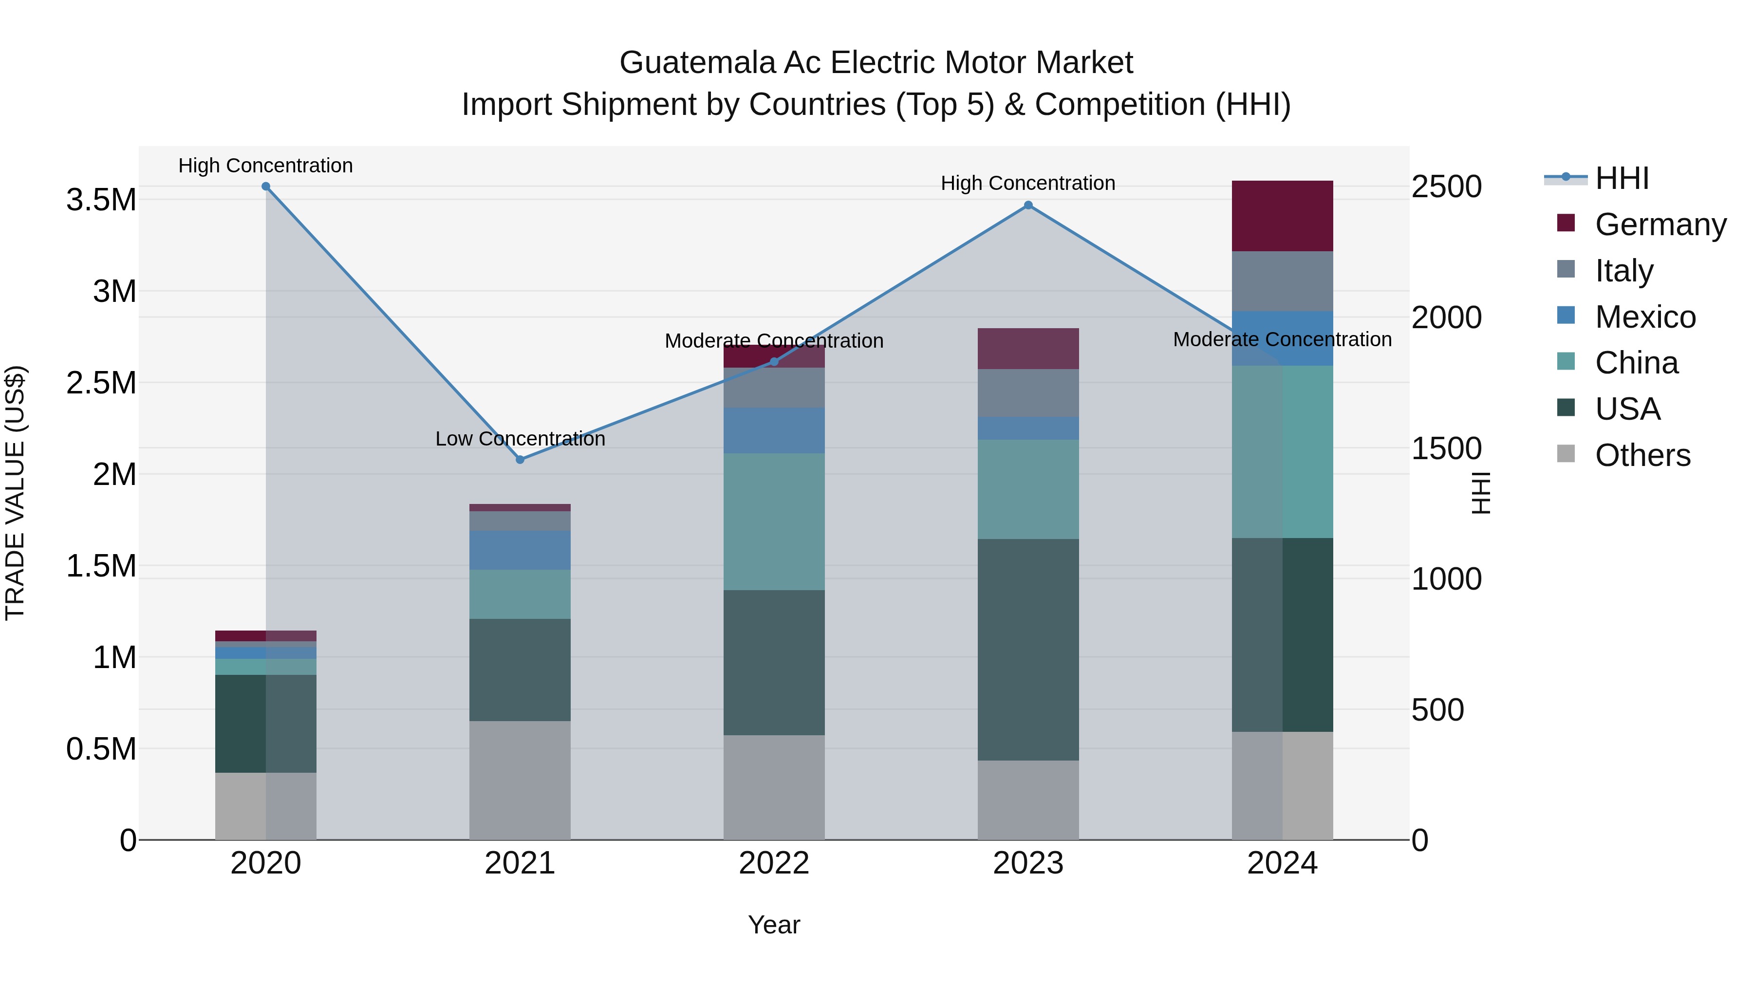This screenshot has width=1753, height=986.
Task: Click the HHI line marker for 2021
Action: click(520, 459)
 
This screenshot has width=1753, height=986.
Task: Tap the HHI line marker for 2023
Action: click(1028, 205)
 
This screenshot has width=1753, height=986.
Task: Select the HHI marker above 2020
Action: click(266, 186)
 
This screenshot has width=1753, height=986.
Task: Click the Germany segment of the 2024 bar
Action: click(1282, 216)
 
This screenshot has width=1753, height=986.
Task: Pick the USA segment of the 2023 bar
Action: click(1028, 650)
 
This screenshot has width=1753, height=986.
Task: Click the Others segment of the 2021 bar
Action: click(520, 780)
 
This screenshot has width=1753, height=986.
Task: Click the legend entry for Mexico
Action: click(1645, 317)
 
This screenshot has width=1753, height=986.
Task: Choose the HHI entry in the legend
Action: click(1622, 178)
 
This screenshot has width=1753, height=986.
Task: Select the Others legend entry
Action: click(1642, 455)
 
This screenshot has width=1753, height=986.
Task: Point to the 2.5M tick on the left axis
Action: click(101, 383)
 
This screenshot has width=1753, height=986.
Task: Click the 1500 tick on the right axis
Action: click(1446, 448)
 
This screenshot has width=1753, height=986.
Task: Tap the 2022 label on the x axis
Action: click(774, 863)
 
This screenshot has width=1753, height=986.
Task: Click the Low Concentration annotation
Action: click(520, 439)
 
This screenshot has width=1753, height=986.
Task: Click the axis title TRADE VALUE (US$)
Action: click(15, 493)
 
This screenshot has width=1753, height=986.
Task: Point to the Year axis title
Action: click(774, 925)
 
